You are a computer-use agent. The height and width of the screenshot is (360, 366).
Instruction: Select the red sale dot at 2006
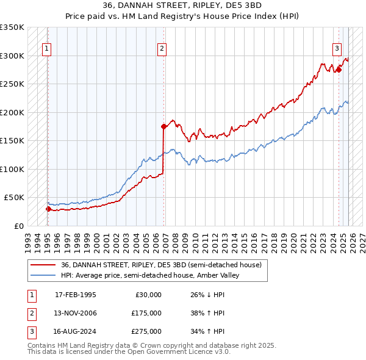click(x=163, y=126)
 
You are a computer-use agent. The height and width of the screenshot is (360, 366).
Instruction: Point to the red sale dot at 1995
click(x=48, y=209)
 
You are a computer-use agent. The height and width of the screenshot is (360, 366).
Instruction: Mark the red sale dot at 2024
click(x=339, y=70)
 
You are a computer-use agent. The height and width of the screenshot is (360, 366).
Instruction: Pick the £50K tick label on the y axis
click(x=14, y=198)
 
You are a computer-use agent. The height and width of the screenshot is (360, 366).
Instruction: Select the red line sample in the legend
click(x=43, y=265)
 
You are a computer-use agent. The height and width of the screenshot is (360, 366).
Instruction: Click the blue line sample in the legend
click(x=43, y=275)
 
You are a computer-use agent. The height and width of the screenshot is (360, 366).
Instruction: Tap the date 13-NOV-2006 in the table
click(x=76, y=313)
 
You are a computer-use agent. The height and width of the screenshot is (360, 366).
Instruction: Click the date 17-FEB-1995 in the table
click(x=76, y=295)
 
